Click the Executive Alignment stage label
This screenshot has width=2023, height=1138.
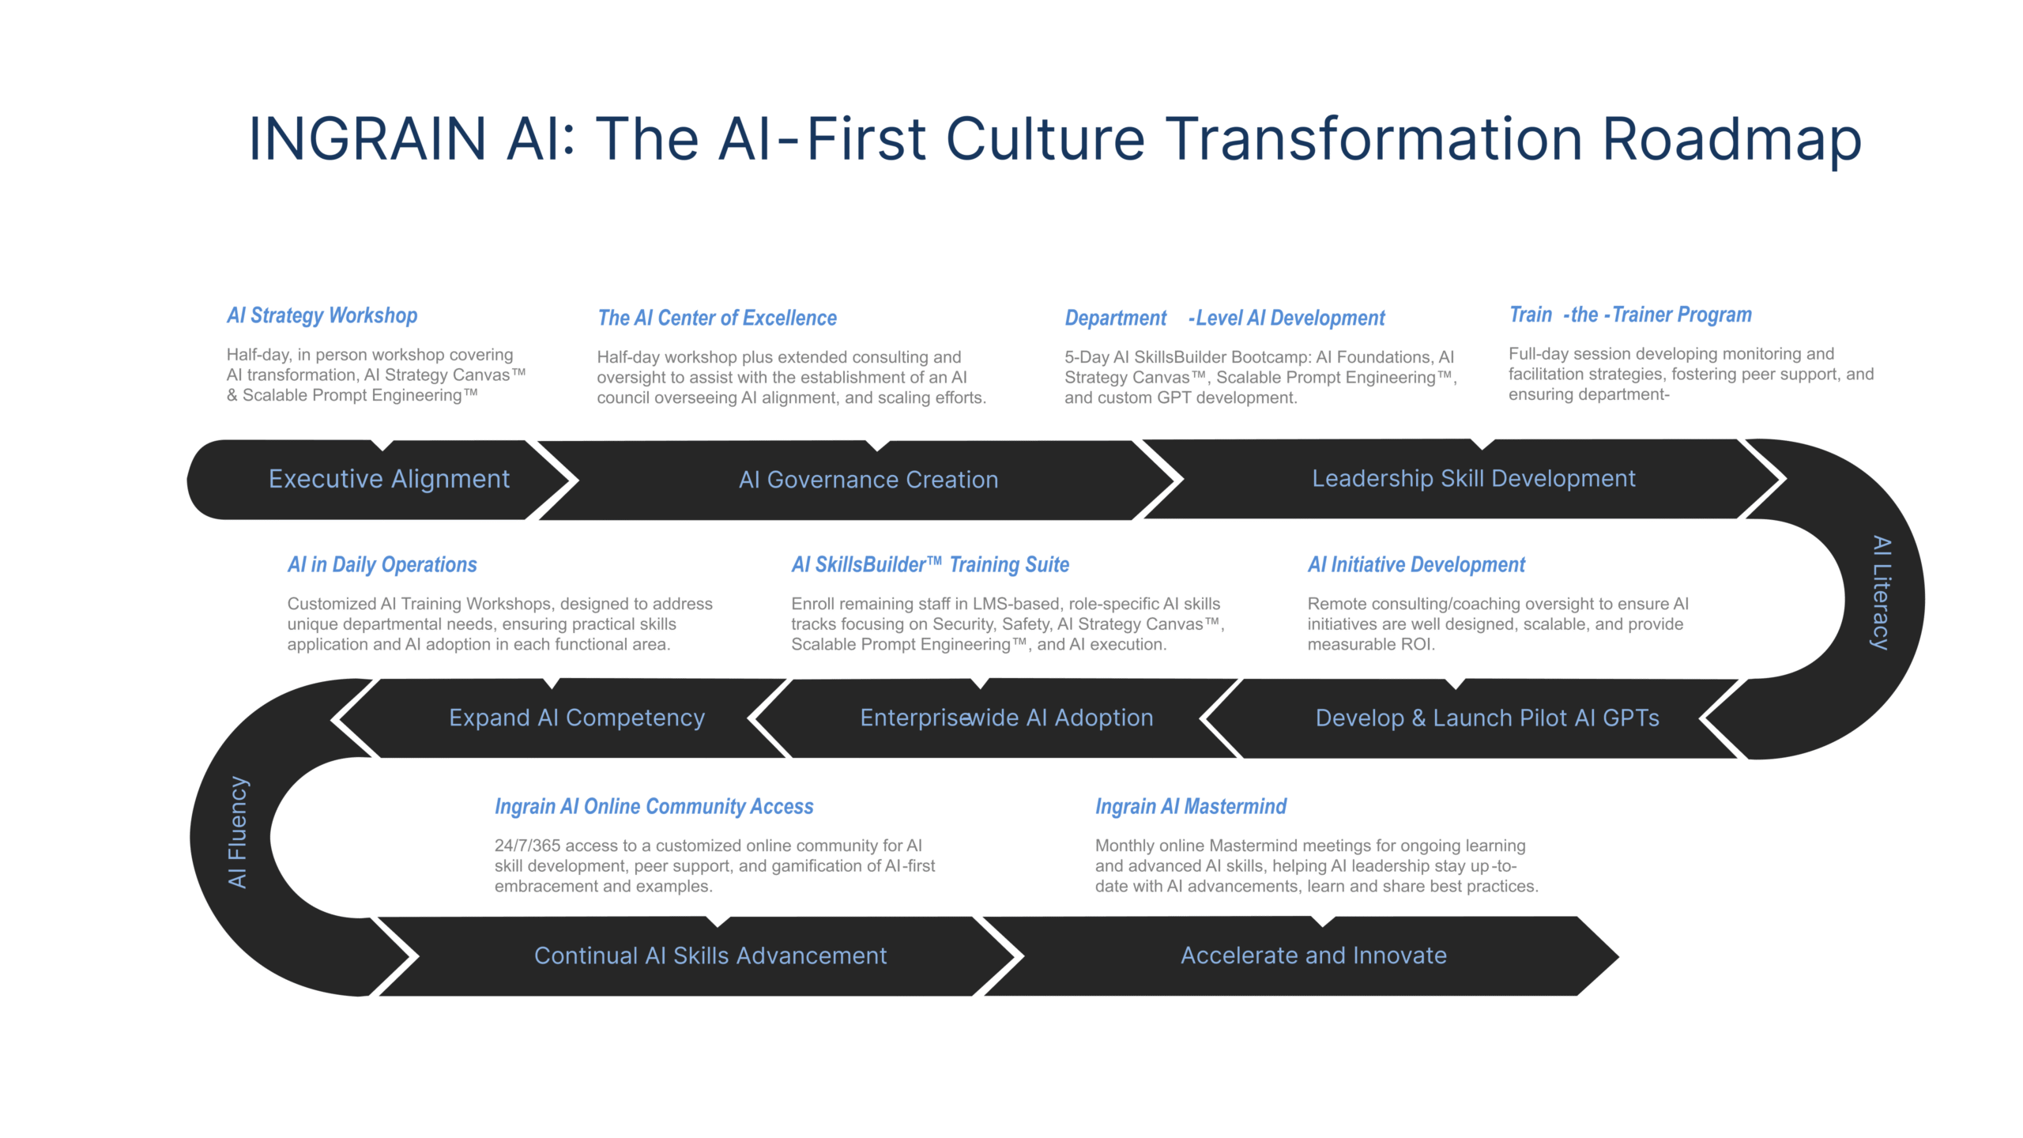coord(389,479)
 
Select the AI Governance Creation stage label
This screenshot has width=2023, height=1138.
coord(868,480)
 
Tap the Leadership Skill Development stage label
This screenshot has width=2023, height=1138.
coord(1474,479)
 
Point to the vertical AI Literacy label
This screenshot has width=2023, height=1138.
coord(1882,593)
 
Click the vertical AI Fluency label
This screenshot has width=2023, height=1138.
coord(237,832)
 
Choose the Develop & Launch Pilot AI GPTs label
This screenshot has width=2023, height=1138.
coord(1487,718)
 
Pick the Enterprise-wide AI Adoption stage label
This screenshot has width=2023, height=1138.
coord(1007,718)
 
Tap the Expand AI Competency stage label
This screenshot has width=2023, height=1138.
coord(577,718)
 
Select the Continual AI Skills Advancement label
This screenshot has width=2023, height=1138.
coord(710,955)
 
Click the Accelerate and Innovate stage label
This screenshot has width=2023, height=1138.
coord(1313,955)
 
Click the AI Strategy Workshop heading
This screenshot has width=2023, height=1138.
coord(322,315)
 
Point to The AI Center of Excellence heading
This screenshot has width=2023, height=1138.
coord(717,318)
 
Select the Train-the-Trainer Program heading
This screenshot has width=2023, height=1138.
coord(1630,315)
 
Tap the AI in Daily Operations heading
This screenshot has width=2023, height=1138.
coord(382,564)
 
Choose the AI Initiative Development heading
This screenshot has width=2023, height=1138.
coord(1416,564)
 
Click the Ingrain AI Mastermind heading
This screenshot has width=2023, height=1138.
coord(1191,806)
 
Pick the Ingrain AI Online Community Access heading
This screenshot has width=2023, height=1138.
coord(654,806)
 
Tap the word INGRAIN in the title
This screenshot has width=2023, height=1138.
coord(367,139)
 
